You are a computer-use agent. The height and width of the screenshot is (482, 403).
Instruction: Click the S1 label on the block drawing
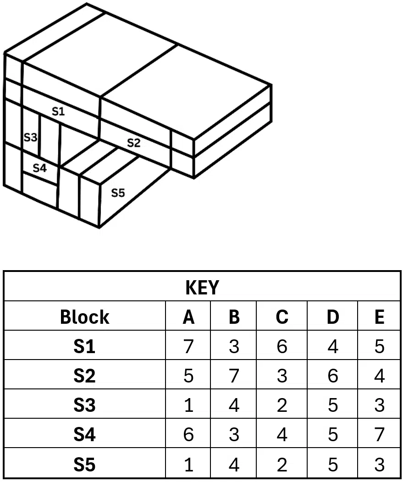click(58, 111)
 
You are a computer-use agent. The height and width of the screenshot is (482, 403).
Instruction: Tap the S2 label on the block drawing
click(134, 143)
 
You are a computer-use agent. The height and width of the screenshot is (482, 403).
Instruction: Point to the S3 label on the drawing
click(30, 138)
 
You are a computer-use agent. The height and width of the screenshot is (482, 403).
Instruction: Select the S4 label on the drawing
click(39, 168)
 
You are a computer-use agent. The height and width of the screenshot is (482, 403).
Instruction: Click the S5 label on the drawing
click(118, 193)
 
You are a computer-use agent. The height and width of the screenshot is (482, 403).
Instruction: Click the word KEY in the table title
click(202, 288)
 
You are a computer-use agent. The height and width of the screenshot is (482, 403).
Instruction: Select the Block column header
click(84, 317)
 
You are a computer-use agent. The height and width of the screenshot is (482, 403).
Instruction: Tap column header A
click(188, 317)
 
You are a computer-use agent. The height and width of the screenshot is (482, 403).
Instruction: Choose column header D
click(332, 317)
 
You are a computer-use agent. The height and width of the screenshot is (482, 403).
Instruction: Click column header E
click(379, 317)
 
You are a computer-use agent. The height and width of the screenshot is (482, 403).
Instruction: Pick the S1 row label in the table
click(84, 346)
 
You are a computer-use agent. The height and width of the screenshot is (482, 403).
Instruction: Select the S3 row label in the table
click(84, 405)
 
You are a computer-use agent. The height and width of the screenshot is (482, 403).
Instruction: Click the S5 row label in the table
click(84, 464)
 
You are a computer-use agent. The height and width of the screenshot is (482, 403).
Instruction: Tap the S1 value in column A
click(188, 346)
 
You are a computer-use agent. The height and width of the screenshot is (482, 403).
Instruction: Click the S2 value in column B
click(234, 376)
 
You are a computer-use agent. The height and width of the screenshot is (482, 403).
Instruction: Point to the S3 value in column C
click(282, 405)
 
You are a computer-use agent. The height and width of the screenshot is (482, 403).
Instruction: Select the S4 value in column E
click(379, 435)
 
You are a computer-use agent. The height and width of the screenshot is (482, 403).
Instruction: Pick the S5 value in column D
click(332, 464)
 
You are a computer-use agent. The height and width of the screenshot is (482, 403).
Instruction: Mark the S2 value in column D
click(332, 376)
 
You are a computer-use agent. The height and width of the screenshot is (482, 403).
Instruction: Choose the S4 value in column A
click(188, 435)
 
